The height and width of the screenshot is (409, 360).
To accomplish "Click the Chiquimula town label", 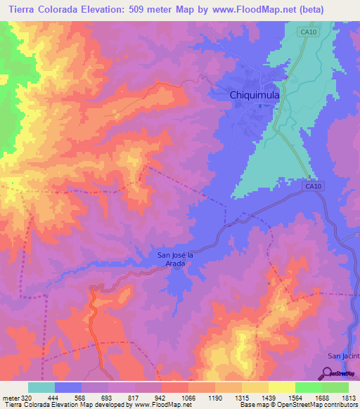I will pos(239,95).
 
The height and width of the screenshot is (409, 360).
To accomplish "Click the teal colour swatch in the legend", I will pos(41,387).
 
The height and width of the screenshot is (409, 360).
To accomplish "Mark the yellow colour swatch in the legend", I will pos(282,387).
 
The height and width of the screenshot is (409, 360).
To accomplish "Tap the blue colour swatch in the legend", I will pos(68,387).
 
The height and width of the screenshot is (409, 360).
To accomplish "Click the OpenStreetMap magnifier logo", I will pos(328,373).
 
